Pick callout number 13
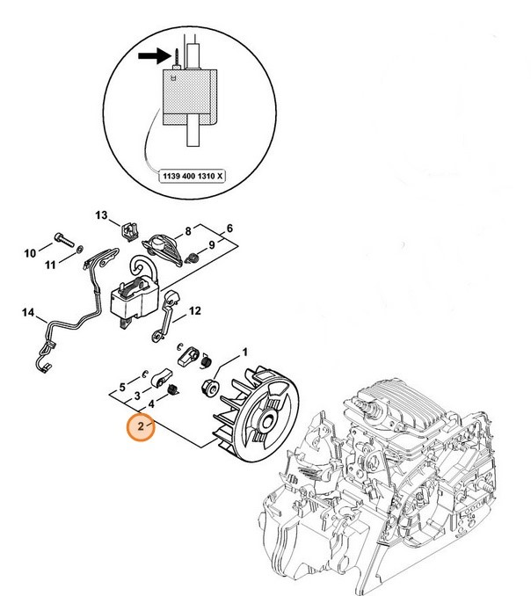pos(100,215)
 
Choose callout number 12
pos(195,310)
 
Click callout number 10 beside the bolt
pos(29,254)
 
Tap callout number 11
pos(51,265)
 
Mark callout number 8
pos(187,231)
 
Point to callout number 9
pos(211,243)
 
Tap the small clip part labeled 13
pos(128,231)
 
